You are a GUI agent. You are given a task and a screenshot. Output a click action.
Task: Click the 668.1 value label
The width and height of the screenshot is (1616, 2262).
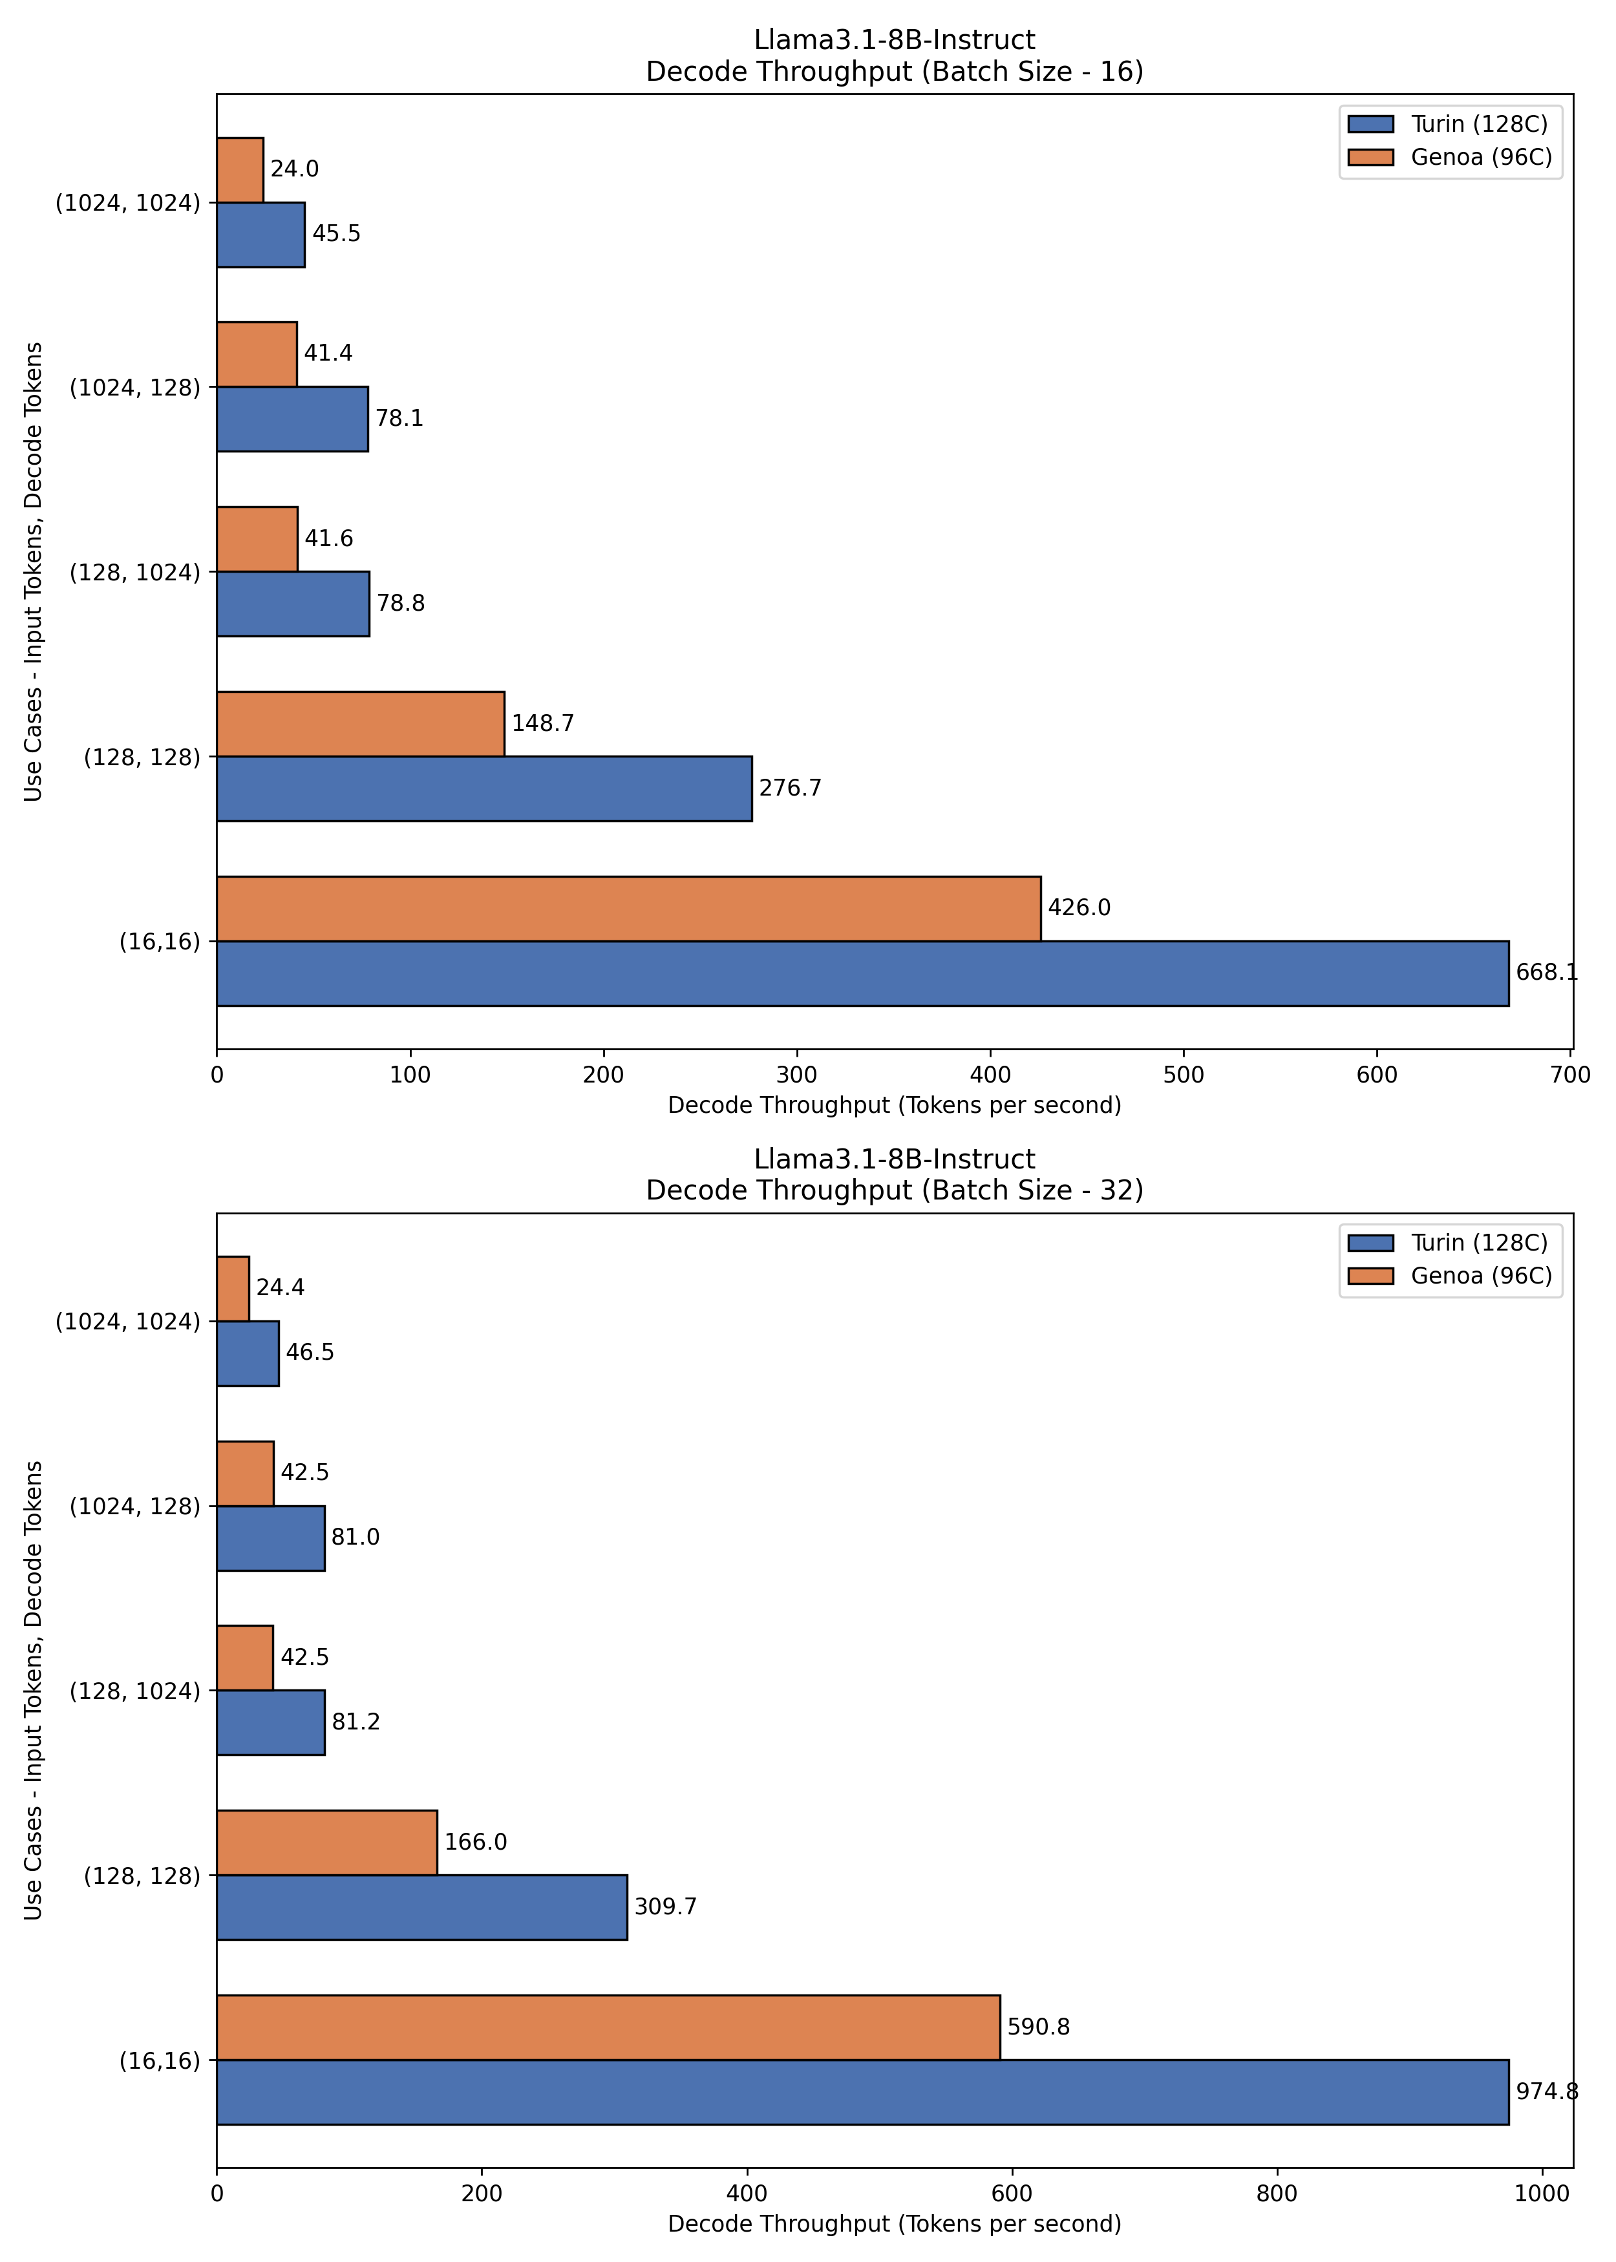tap(1546, 972)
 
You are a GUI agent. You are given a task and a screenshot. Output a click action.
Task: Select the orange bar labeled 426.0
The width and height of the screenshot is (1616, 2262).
tap(629, 908)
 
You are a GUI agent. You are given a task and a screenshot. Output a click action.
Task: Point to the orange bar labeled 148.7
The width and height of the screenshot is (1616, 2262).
tap(360, 723)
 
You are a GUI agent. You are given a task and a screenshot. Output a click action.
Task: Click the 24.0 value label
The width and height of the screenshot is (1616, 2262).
tap(295, 169)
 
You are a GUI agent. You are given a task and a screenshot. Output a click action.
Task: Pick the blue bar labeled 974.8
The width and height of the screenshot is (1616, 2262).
tap(863, 2092)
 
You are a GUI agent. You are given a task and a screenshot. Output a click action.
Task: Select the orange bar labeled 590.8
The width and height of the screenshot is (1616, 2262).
tap(608, 2027)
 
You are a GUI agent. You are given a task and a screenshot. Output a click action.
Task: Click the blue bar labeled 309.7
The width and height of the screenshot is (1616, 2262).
tap(422, 1907)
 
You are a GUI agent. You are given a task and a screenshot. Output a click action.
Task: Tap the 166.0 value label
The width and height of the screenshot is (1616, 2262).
tap(476, 1842)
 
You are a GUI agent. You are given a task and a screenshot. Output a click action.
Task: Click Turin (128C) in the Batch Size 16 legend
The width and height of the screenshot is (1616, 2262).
tap(1480, 124)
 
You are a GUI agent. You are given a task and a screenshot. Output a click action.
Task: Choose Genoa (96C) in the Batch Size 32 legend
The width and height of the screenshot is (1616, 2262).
tap(1482, 1276)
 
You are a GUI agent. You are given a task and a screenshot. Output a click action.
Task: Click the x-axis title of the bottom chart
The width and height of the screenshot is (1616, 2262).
tap(895, 2225)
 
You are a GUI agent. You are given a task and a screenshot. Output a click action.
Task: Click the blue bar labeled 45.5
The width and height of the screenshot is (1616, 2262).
tap(260, 235)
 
